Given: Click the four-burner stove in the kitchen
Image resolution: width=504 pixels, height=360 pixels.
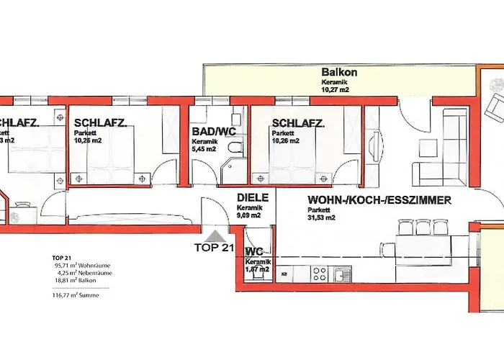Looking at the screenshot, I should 320,274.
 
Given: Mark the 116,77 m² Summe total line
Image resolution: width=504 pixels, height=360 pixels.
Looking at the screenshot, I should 76,295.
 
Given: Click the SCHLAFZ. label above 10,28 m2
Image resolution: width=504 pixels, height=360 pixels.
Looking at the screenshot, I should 100,123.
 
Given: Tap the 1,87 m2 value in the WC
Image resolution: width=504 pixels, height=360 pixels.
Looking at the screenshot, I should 257,269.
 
